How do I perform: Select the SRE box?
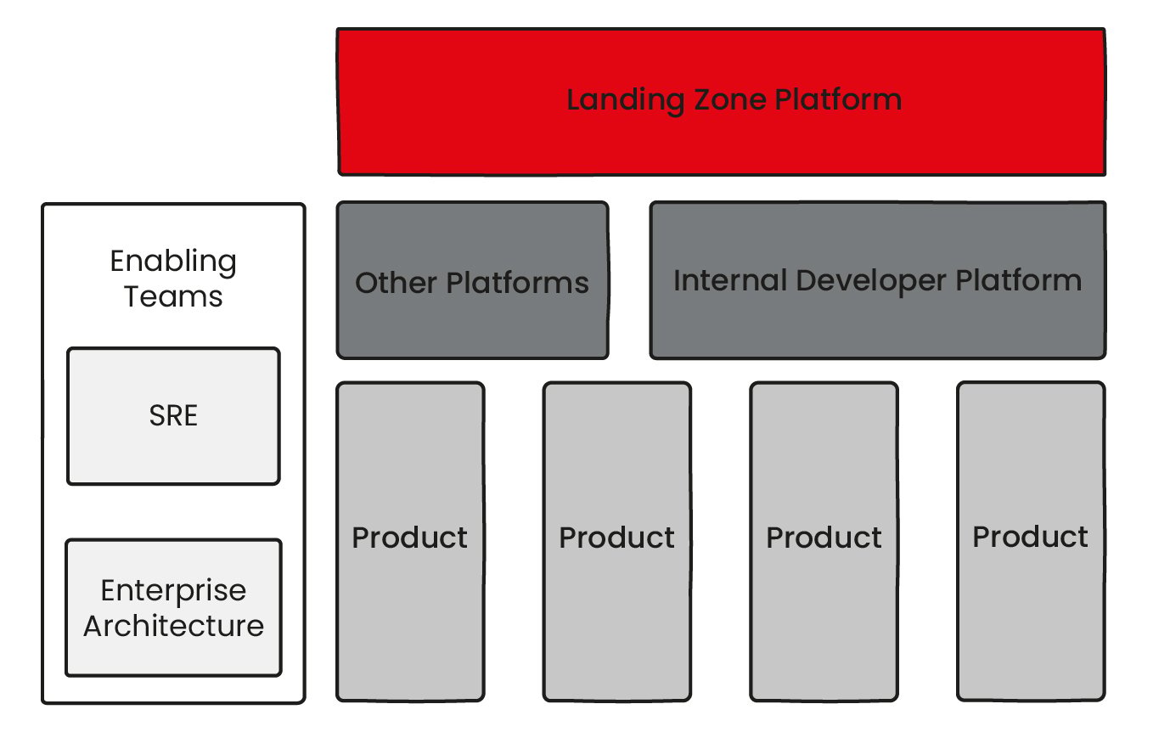tap(173, 416)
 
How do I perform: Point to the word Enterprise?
tap(173, 590)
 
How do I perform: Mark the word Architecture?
tap(173, 626)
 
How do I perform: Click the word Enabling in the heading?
tap(173, 261)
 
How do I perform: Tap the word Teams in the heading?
tap(173, 296)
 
